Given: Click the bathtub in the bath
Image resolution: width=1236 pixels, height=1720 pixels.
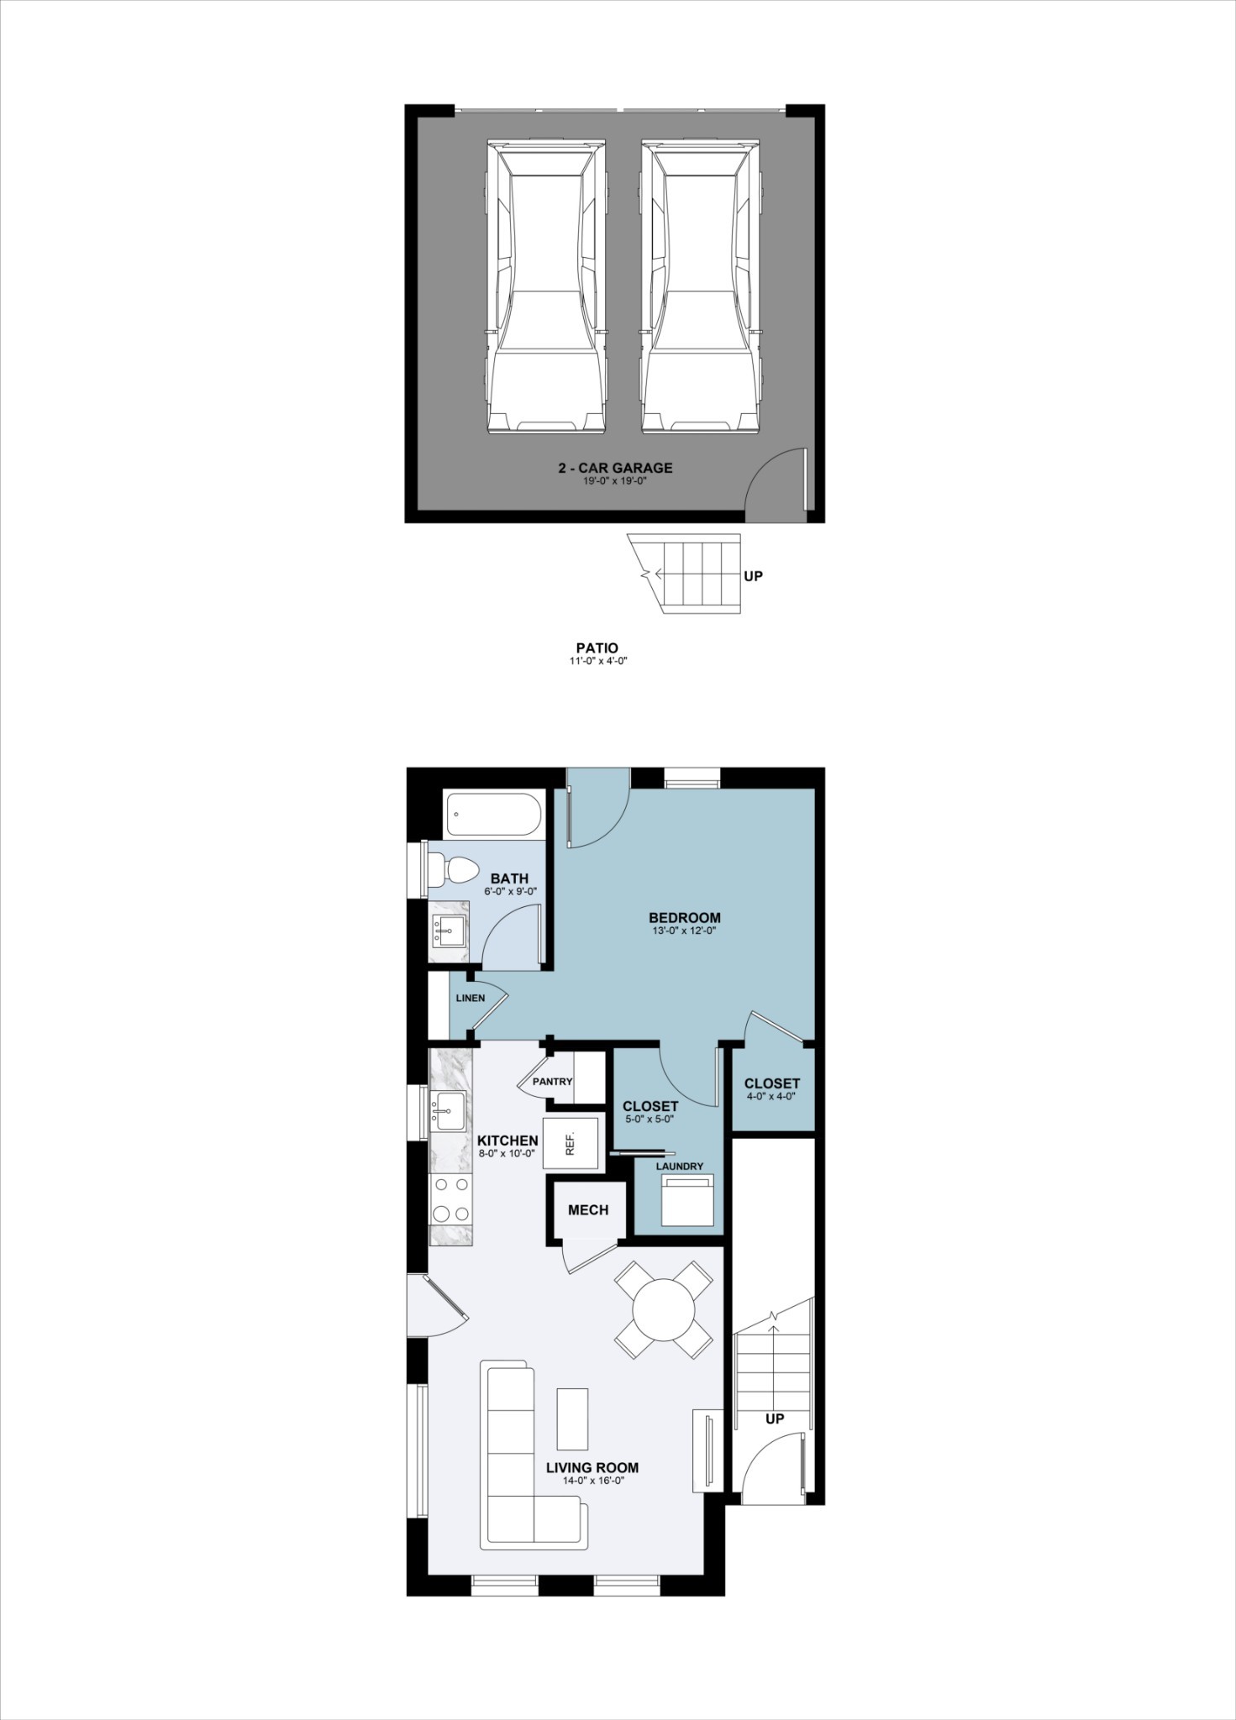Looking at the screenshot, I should (492, 814).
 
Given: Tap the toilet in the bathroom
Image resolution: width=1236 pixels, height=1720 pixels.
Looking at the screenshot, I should (455, 869).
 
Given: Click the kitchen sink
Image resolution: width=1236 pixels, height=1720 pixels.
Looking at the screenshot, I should (446, 1111).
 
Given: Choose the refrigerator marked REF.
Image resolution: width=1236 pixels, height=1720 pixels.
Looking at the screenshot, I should (571, 1142).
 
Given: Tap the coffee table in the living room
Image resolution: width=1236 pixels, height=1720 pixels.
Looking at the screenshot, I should (572, 1418).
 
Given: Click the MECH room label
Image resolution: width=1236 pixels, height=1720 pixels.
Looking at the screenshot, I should (588, 1209).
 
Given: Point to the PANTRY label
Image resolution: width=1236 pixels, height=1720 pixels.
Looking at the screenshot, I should (552, 1081).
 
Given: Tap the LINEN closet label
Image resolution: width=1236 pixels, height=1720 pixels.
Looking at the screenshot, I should (471, 998).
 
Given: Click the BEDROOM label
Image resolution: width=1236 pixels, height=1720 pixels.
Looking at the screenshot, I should (685, 917).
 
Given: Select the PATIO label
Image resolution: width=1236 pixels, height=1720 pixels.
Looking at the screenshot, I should (597, 648).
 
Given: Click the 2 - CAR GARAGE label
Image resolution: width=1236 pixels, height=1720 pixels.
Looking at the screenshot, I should (616, 468).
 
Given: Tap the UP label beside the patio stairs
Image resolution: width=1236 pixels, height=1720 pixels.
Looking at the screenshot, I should (754, 577).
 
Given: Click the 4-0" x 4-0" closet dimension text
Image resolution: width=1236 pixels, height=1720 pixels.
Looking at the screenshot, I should (771, 1096).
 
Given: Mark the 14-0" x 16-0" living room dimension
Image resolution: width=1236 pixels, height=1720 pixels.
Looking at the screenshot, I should (592, 1481).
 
